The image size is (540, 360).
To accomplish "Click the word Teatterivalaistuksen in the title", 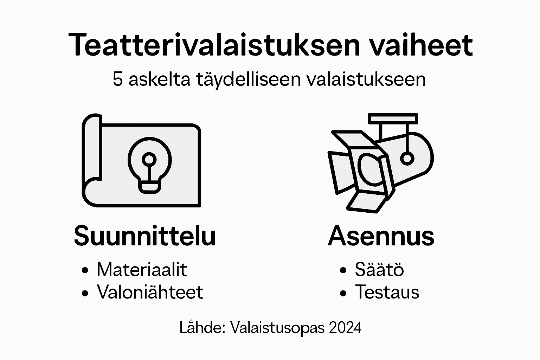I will tap(214, 45).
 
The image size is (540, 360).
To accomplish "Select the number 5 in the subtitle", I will tap(117, 79).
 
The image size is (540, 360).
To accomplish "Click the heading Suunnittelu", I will tap(144, 236).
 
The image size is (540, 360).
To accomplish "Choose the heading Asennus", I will tap(381, 236).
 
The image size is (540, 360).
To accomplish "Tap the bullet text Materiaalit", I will tap(142, 270).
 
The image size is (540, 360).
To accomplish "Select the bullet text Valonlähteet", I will tap(150, 292).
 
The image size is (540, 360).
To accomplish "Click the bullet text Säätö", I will tap(379, 270).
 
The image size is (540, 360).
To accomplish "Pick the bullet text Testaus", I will tap(387, 292).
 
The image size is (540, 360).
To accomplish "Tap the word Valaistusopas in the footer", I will tap(277, 328).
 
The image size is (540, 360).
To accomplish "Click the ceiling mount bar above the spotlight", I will tap(393, 118).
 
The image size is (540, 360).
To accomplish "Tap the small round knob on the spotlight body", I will tap(407, 159).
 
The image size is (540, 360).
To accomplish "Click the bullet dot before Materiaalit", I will tap(85, 270).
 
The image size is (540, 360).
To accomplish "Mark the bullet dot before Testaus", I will tap(343, 292).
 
